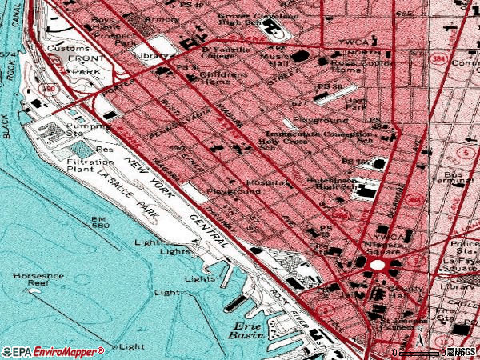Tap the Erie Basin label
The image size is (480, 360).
[x=248, y=330]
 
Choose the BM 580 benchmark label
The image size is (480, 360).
[x=99, y=222]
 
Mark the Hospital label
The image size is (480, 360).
[x=266, y=182]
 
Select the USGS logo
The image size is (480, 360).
[x=462, y=352]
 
